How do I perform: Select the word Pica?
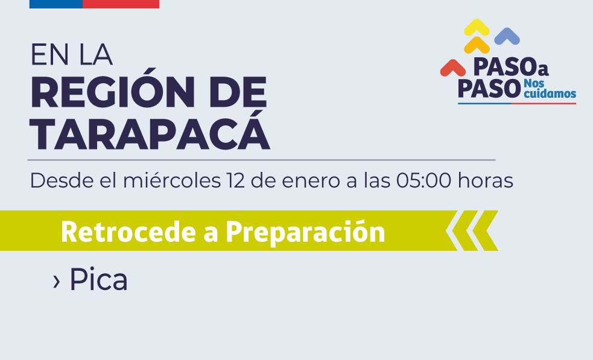(x=98, y=279)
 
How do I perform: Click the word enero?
(x=313, y=180)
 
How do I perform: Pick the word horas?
(x=486, y=180)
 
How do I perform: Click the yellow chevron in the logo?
(x=477, y=27)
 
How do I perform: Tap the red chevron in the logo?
(x=453, y=67)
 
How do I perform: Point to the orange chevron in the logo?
(x=477, y=45)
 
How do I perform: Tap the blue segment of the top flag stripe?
(x=55, y=4)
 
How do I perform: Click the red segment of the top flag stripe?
(x=121, y=4)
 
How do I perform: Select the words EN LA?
(x=71, y=55)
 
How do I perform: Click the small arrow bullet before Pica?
(x=57, y=280)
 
